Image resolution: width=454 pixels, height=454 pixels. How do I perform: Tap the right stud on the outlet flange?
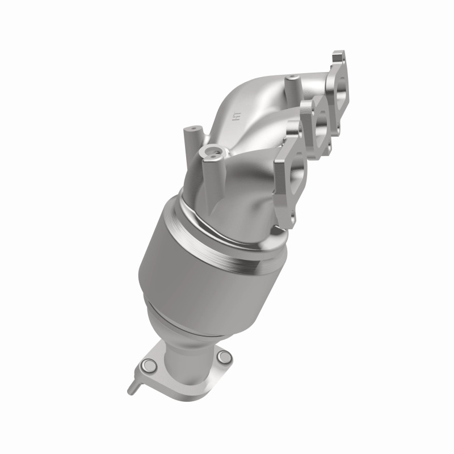[225, 357]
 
